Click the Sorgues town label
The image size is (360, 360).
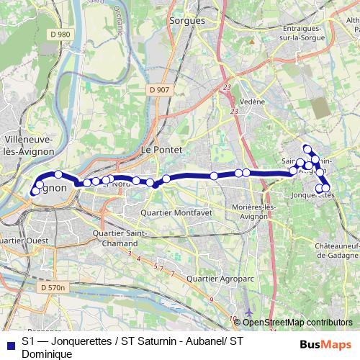pos(186,21)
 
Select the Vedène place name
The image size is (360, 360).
pos(252,102)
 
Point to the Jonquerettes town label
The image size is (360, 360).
pos(314,195)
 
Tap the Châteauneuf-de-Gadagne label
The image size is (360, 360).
pos(331,250)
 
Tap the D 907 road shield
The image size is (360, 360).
pos(161,90)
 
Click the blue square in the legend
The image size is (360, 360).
pos(10,344)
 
